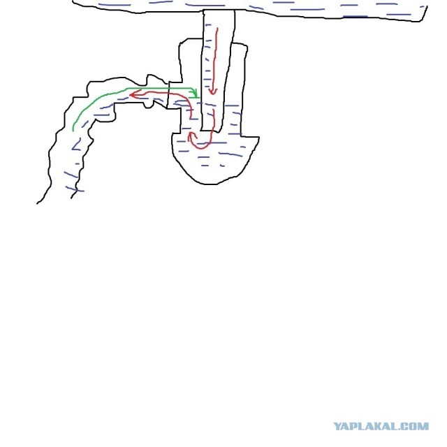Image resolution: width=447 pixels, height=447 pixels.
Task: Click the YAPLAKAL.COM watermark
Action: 381,427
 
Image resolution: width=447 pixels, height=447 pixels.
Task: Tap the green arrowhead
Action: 195,93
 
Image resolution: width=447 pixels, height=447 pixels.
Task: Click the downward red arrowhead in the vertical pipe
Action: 212,91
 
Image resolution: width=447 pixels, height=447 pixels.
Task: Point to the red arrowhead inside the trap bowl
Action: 191,136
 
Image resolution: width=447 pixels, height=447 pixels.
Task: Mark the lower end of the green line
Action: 73,131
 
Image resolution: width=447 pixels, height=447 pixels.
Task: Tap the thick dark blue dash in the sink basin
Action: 355,17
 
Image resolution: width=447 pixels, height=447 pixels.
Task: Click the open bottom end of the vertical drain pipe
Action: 211,131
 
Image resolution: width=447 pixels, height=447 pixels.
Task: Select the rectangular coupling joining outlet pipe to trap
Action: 175,95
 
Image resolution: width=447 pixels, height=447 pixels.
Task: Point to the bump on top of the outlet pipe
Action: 153,79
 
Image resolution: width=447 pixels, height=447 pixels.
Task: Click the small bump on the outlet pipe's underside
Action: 148,105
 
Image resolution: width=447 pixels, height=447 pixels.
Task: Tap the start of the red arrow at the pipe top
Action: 218,29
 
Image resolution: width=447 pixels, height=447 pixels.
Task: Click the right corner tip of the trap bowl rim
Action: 258,138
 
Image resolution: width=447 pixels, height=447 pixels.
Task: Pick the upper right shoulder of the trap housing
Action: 246,45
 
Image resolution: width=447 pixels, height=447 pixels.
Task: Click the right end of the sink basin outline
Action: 427,7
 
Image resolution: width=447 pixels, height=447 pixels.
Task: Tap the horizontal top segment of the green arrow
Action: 160,88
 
